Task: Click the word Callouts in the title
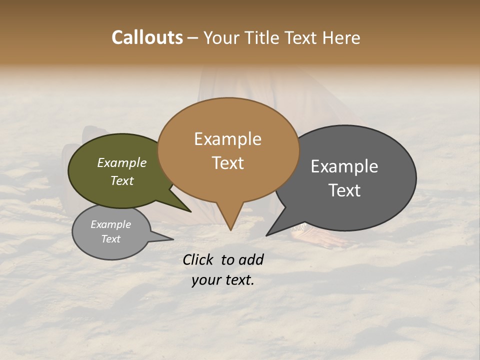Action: [147, 37]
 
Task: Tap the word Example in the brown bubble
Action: [227, 139]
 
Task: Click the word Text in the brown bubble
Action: [227, 163]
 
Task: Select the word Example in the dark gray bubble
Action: [344, 166]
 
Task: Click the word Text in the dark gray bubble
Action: [344, 190]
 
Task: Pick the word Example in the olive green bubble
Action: [122, 163]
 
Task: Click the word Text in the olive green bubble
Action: [122, 180]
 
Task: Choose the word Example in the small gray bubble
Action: [110, 224]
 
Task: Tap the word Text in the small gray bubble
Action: [110, 239]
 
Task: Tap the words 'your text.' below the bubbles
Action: [222, 280]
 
